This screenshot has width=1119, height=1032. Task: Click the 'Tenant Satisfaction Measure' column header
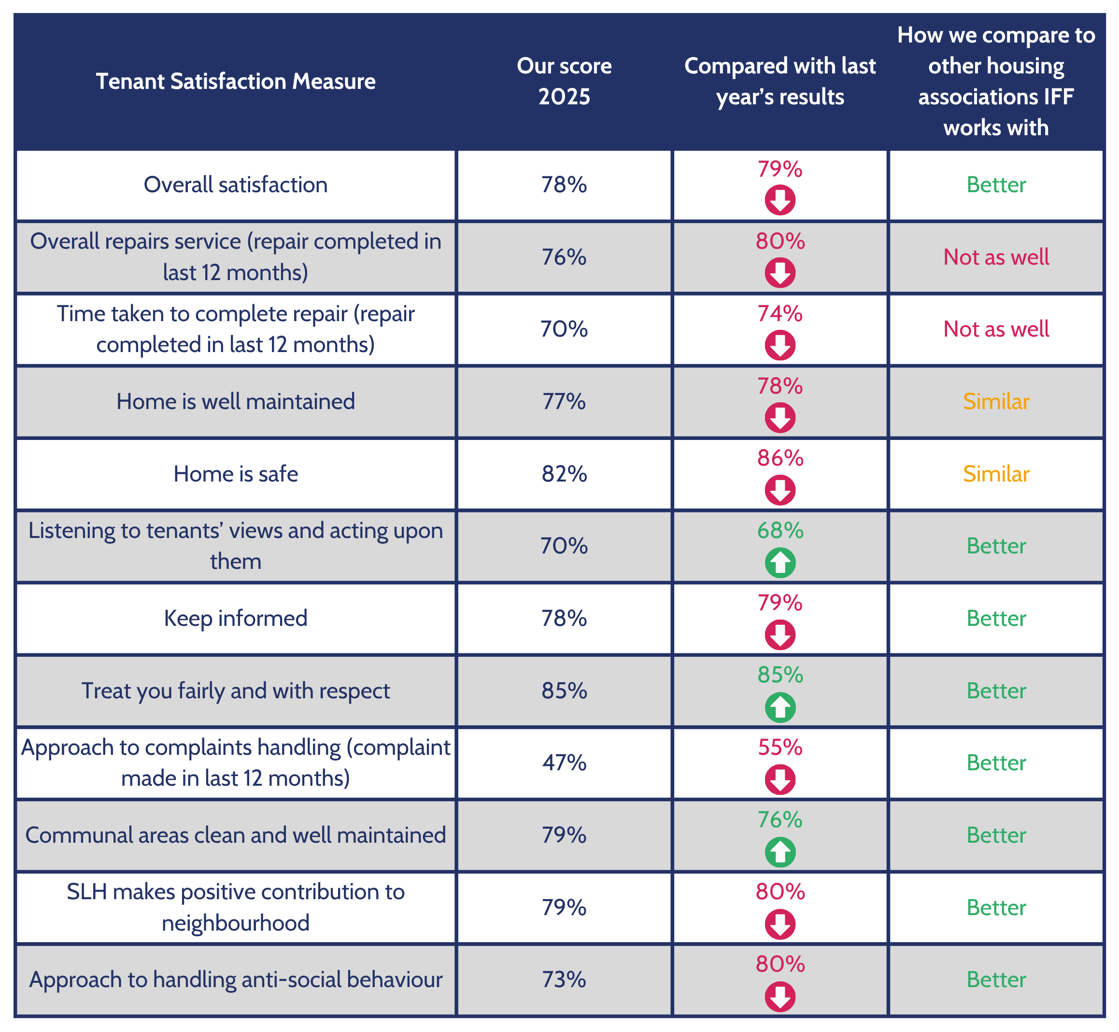[x=236, y=82]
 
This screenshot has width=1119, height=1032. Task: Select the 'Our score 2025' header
[x=564, y=82]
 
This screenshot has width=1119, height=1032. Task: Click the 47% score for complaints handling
[x=564, y=763]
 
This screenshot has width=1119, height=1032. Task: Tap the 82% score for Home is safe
[x=564, y=474]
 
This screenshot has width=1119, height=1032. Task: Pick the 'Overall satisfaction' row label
[x=236, y=185]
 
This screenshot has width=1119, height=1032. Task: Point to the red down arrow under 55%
[x=780, y=779]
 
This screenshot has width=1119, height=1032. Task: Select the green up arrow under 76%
[x=780, y=852]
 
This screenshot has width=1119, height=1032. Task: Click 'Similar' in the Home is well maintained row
[x=996, y=401]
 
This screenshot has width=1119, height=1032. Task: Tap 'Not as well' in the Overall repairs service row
[x=996, y=257]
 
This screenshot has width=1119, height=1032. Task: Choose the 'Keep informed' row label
[x=236, y=618]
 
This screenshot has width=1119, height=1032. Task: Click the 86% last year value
[x=780, y=458]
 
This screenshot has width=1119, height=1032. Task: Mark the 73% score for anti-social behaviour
[x=564, y=979]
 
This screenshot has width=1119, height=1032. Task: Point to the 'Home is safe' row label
[x=236, y=474]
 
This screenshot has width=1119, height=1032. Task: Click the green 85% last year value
[x=780, y=675]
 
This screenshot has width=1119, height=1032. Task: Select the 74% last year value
[x=780, y=314]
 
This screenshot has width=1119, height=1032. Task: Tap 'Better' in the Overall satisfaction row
[x=996, y=185]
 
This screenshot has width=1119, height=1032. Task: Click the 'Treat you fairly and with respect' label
[x=236, y=691]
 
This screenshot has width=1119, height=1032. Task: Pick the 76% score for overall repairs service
[x=564, y=257]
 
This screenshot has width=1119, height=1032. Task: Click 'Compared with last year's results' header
[x=780, y=82]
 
